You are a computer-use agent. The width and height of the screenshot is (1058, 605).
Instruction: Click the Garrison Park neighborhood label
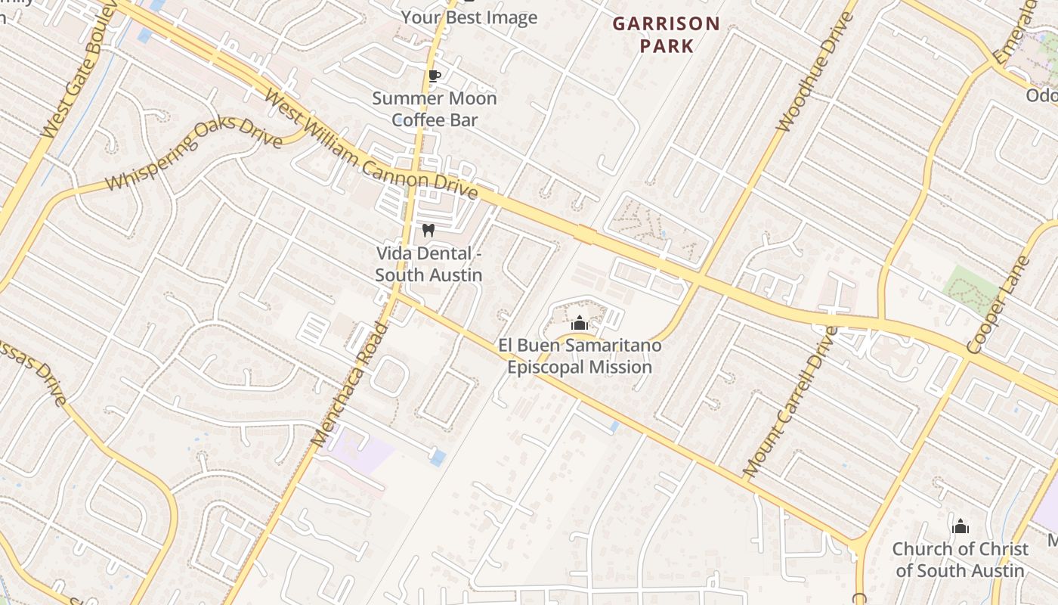666,35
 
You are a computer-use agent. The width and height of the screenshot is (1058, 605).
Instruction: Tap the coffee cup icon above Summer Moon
434,76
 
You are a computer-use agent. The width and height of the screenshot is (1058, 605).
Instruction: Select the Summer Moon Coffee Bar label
434,109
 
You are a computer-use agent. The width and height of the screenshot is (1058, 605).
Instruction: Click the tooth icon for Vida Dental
428,231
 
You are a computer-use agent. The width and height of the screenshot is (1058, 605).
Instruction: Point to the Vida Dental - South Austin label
428,264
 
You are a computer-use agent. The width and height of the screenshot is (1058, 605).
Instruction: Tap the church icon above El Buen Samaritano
580,324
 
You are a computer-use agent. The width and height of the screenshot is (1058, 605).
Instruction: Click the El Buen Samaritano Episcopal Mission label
580,356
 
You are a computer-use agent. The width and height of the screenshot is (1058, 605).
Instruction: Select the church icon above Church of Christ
960,526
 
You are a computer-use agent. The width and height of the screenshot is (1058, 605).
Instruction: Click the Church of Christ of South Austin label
960,560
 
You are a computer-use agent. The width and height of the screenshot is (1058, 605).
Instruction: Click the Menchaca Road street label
349,384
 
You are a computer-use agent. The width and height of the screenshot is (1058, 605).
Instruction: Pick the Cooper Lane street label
998,306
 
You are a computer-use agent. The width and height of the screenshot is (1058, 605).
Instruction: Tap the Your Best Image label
469,17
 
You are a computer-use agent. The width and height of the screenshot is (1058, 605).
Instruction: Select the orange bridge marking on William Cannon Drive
583,234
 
